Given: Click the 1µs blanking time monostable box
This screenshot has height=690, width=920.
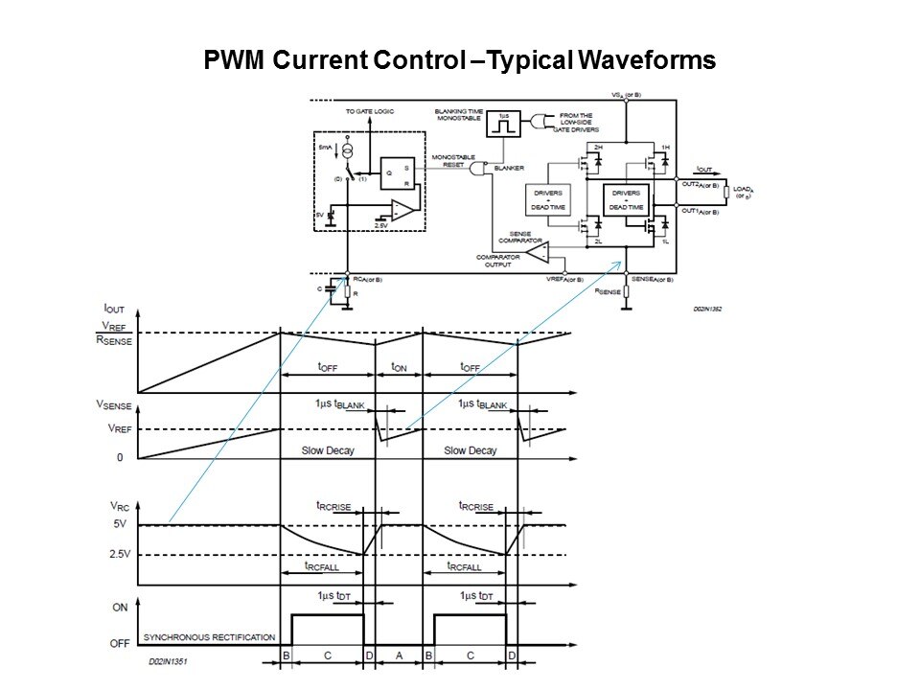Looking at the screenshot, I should [x=503, y=123].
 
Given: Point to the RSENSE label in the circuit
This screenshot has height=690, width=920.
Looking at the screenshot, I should [x=609, y=291].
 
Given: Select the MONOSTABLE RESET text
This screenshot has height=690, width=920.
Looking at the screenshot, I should [x=448, y=160].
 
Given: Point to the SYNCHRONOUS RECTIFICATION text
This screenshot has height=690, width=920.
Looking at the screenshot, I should [x=209, y=637].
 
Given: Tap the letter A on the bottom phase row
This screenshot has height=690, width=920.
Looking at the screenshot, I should [x=400, y=655].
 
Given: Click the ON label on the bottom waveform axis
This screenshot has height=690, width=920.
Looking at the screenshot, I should [x=120, y=607].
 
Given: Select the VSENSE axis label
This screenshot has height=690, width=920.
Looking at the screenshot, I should [x=112, y=407].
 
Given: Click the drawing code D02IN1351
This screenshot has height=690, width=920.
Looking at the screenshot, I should [x=170, y=661].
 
